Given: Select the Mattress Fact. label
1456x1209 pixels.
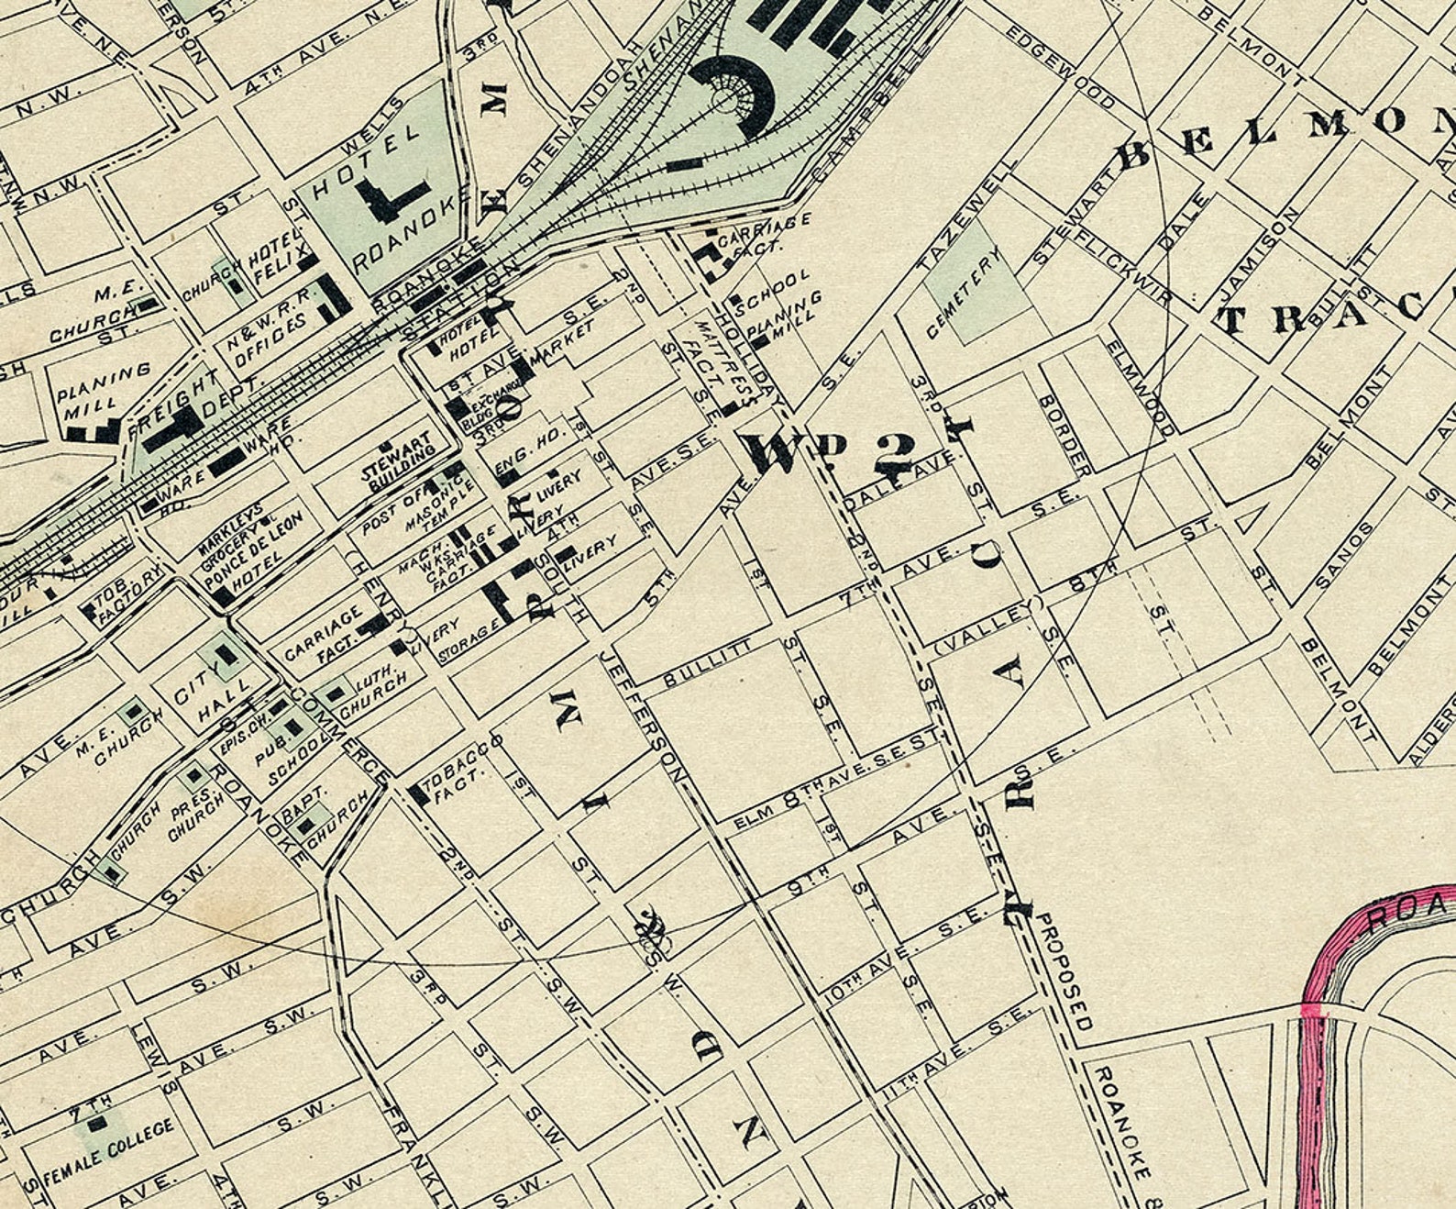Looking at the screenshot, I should (x=710, y=362).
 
